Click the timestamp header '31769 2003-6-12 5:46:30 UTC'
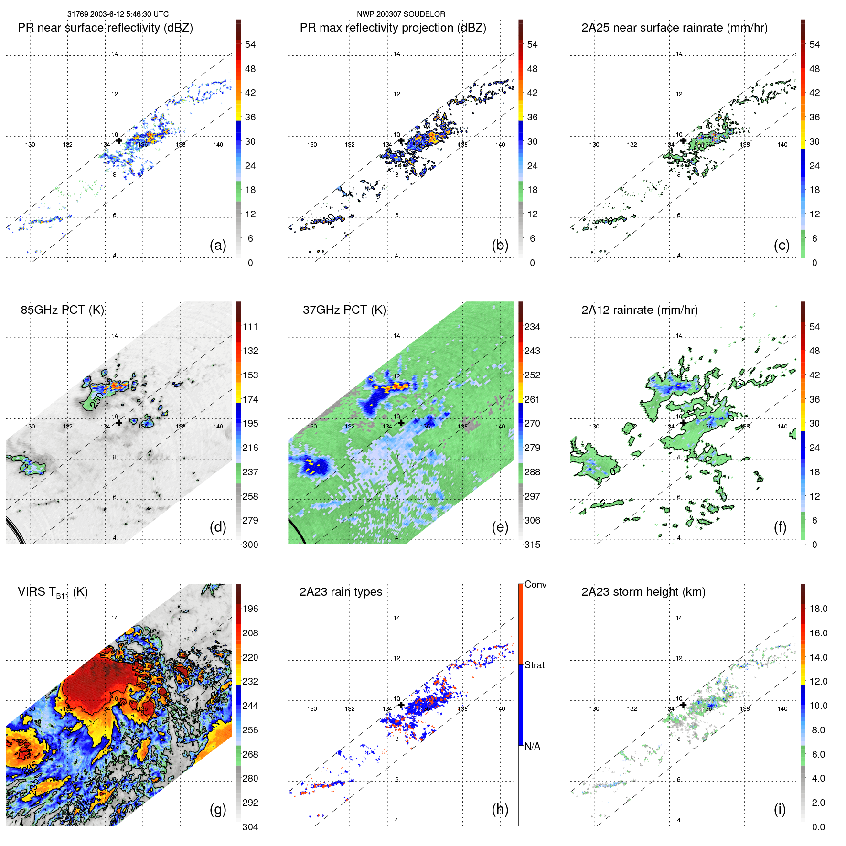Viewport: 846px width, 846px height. point(118,14)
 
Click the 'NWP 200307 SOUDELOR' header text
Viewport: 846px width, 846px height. point(401,14)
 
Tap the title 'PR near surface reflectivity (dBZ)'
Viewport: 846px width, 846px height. point(105,28)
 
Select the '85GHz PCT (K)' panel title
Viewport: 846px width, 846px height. point(62,310)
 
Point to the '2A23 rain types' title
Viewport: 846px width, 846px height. point(341,592)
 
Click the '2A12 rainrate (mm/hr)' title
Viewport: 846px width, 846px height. point(639,310)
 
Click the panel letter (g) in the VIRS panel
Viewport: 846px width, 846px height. point(218,809)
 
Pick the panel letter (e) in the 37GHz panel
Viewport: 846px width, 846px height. point(500,527)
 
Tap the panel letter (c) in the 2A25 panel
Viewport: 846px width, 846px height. point(782,245)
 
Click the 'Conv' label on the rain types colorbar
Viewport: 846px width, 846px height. point(535,584)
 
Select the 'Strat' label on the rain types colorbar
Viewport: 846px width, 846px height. point(534,665)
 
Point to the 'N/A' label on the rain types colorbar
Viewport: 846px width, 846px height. point(532,746)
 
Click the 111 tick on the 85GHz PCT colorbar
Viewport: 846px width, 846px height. point(250,327)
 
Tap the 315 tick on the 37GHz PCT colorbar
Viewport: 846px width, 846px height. point(532,545)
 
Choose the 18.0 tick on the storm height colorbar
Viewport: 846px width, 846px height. point(818,609)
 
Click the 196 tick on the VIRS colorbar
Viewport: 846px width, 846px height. point(250,609)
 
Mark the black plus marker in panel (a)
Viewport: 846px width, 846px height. point(119,140)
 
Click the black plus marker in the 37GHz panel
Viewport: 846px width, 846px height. point(401,423)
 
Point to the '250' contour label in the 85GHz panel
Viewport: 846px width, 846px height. point(97,400)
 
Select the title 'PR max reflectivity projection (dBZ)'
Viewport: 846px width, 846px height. point(393,28)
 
